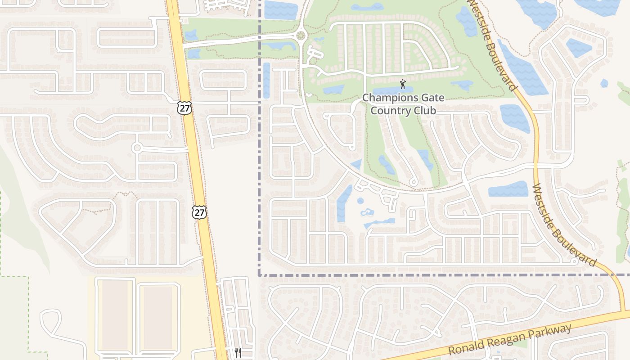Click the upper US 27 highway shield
tap(184, 108)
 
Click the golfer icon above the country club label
tap(402, 84)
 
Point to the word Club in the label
tap(427, 111)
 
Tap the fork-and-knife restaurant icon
tap(238, 353)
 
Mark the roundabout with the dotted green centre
tap(301, 36)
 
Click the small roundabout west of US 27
tap(137, 148)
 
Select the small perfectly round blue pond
tap(360, 201)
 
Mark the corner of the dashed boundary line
tap(260, 274)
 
